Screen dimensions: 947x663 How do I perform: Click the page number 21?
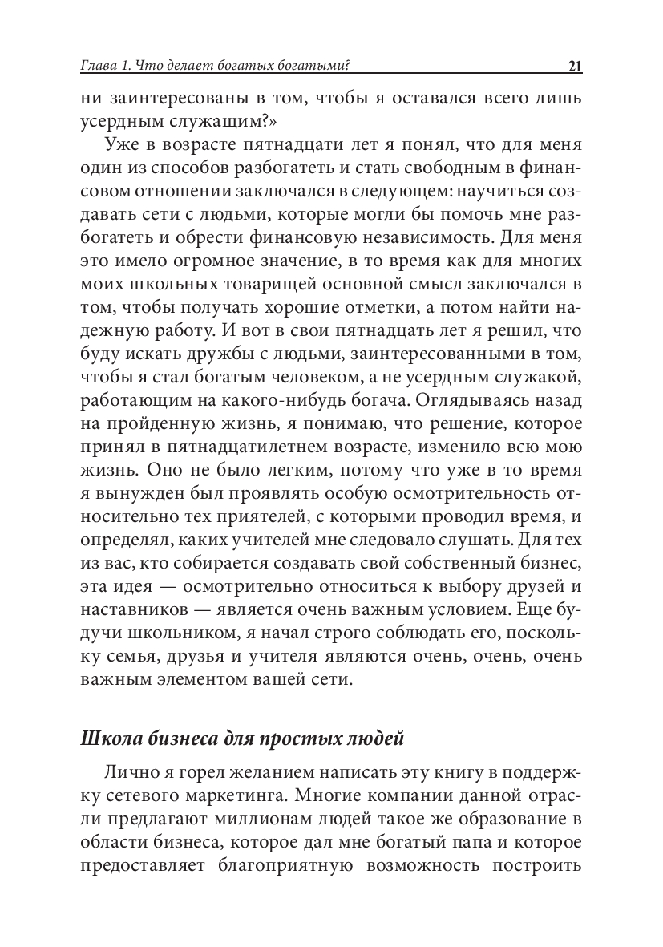574,67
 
